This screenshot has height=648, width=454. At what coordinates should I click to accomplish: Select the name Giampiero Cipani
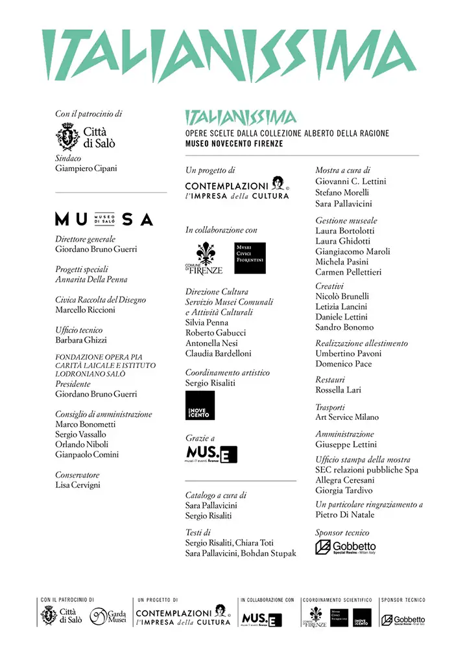(87, 168)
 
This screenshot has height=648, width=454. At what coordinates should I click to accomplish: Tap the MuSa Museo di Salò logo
(104, 219)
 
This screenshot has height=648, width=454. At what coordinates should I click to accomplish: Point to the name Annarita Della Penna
(91, 279)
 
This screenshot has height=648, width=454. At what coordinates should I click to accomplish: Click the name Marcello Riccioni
(86, 310)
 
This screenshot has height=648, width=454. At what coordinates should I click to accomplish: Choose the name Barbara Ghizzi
(81, 340)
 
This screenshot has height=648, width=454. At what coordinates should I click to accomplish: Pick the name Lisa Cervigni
(78, 485)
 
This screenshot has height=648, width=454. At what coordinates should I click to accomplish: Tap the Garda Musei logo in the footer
(108, 617)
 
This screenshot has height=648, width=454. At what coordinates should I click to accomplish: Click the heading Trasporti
(330, 407)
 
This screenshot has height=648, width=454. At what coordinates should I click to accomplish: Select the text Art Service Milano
(347, 417)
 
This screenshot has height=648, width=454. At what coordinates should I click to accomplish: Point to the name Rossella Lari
(338, 390)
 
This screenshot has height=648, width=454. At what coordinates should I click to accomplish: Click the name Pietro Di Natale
(344, 515)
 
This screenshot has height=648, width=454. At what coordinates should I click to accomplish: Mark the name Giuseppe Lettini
(345, 445)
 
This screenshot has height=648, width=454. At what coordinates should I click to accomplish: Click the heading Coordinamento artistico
(228, 373)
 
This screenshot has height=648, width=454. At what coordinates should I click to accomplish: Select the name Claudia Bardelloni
(219, 354)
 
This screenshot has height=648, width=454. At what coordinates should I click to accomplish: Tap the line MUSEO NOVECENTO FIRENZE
(234, 144)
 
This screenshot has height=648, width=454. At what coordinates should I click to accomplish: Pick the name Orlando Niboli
(81, 445)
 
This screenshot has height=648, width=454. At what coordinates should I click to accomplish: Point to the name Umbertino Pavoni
(348, 354)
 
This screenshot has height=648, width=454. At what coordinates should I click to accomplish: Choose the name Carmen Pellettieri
(348, 272)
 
